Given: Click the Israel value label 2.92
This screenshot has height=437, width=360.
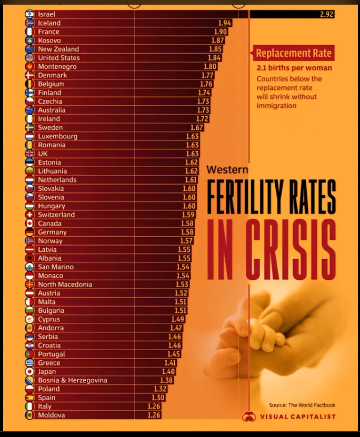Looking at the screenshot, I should click(x=326, y=14).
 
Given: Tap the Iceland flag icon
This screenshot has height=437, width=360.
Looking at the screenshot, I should click(x=29, y=23).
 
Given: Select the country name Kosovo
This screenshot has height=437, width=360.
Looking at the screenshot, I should click(x=49, y=40).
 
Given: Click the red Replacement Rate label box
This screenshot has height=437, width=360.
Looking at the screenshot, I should click(x=293, y=54).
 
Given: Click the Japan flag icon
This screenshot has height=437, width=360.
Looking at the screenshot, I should click(x=29, y=372).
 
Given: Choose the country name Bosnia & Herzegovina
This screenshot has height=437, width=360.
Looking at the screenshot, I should click(x=73, y=380).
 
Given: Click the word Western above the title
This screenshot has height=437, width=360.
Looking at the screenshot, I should click(x=226, y=169).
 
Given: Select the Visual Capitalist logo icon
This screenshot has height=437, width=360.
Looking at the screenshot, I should click(x=249, y=417).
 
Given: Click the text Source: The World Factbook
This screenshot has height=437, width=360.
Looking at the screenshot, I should click(x=302, y=405).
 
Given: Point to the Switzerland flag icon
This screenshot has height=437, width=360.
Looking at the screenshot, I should click(x=29, y=215).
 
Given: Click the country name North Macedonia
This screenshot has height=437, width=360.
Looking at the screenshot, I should click(x=65, y=284).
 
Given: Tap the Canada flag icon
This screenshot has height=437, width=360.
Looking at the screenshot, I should click(x=29, y=223).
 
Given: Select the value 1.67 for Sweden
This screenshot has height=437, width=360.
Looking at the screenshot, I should click(x=197, y=128).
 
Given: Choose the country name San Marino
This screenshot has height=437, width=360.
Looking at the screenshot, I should click(x=56, y=267).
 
